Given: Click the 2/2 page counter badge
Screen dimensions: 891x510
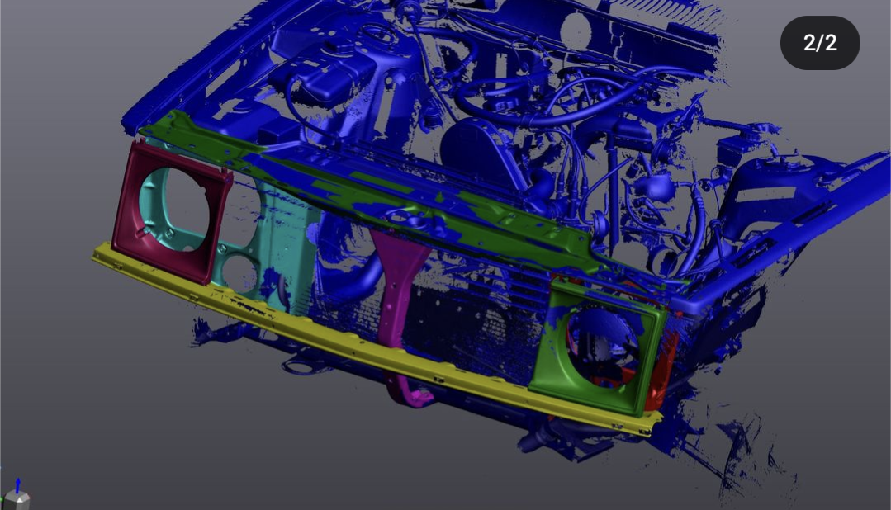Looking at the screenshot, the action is coord(819,43).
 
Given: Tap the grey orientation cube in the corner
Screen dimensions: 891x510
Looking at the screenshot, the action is coord(17,501).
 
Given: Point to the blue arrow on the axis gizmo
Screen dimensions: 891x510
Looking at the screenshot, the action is coord(17,485).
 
